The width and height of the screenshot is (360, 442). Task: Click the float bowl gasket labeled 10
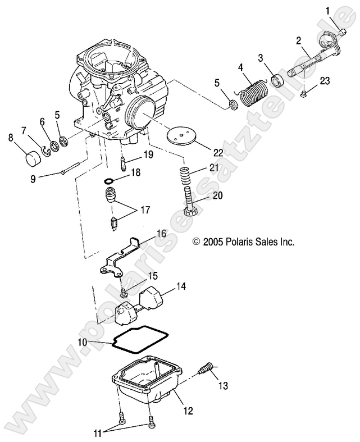(138, 339)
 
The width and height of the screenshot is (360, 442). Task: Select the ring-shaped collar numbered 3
(277, 80)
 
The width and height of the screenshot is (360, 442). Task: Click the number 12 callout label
(188, 411)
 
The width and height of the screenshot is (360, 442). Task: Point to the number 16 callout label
(161, 233)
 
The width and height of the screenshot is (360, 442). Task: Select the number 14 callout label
(180, 286)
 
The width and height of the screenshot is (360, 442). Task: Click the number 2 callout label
(298, 40)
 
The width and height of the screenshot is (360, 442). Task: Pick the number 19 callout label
(148, 154)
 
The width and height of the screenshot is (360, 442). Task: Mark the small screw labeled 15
(123, 291)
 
